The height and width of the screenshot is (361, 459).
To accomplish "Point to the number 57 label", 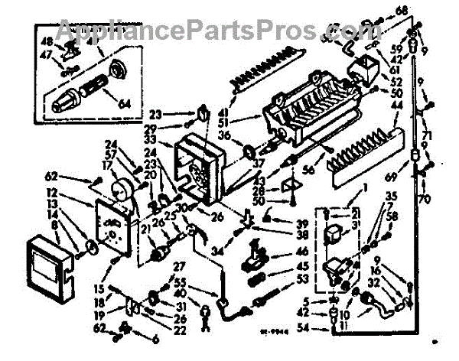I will (112, 154).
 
